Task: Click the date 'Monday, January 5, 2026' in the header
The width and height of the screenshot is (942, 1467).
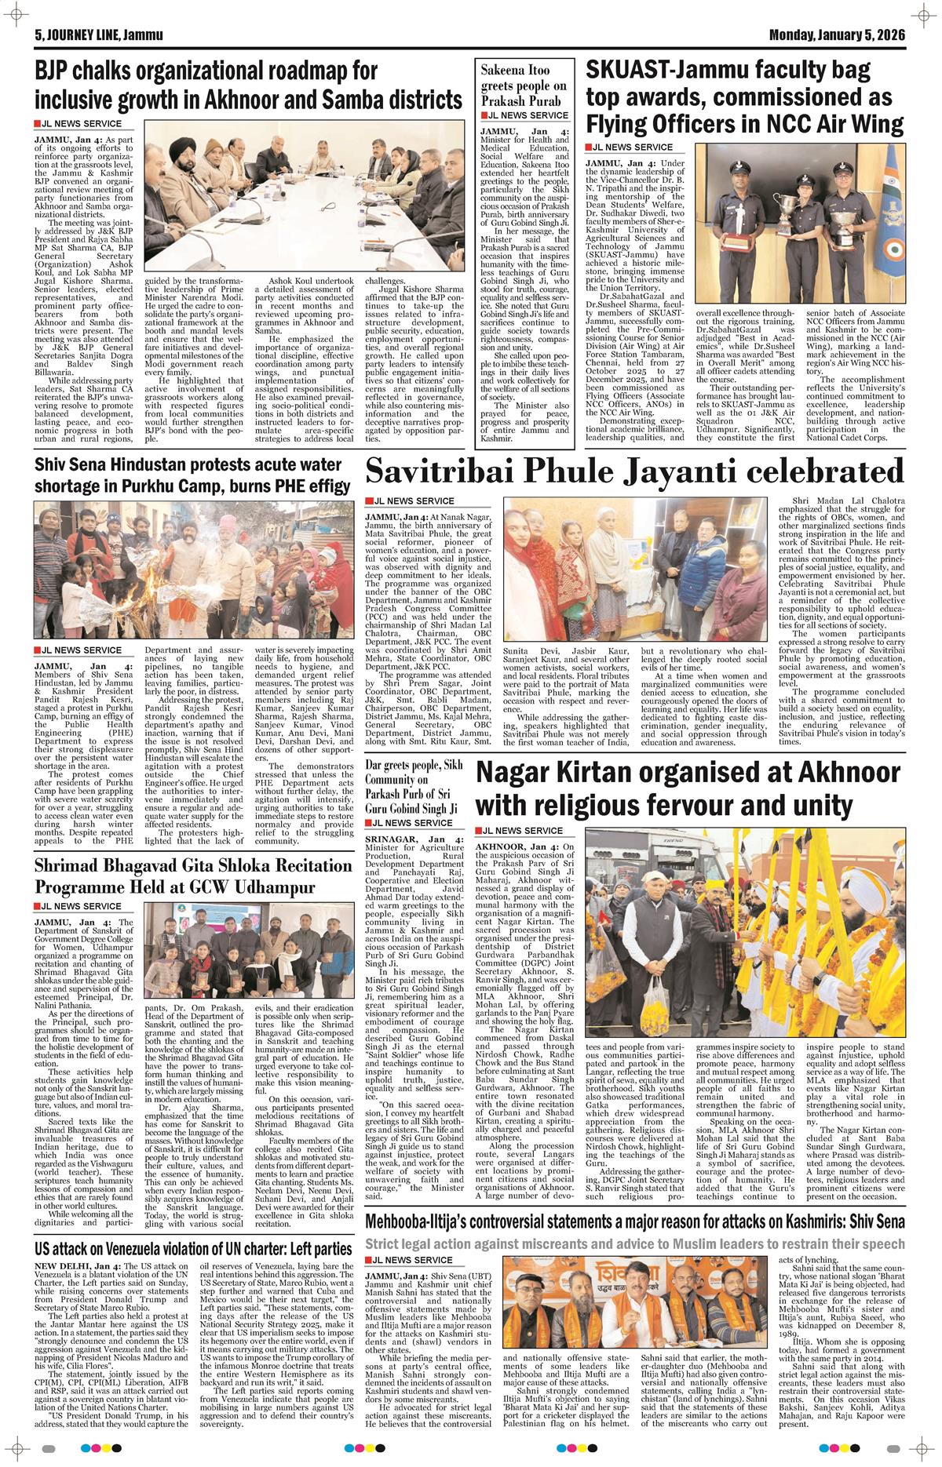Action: [x=837, y=35]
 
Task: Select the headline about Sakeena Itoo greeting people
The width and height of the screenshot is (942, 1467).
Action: [x=523, y=86]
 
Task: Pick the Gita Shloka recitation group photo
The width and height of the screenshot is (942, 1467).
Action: [x=258, y=970]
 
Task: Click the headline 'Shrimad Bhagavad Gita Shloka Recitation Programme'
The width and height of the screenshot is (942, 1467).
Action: [x=174, y=875]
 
